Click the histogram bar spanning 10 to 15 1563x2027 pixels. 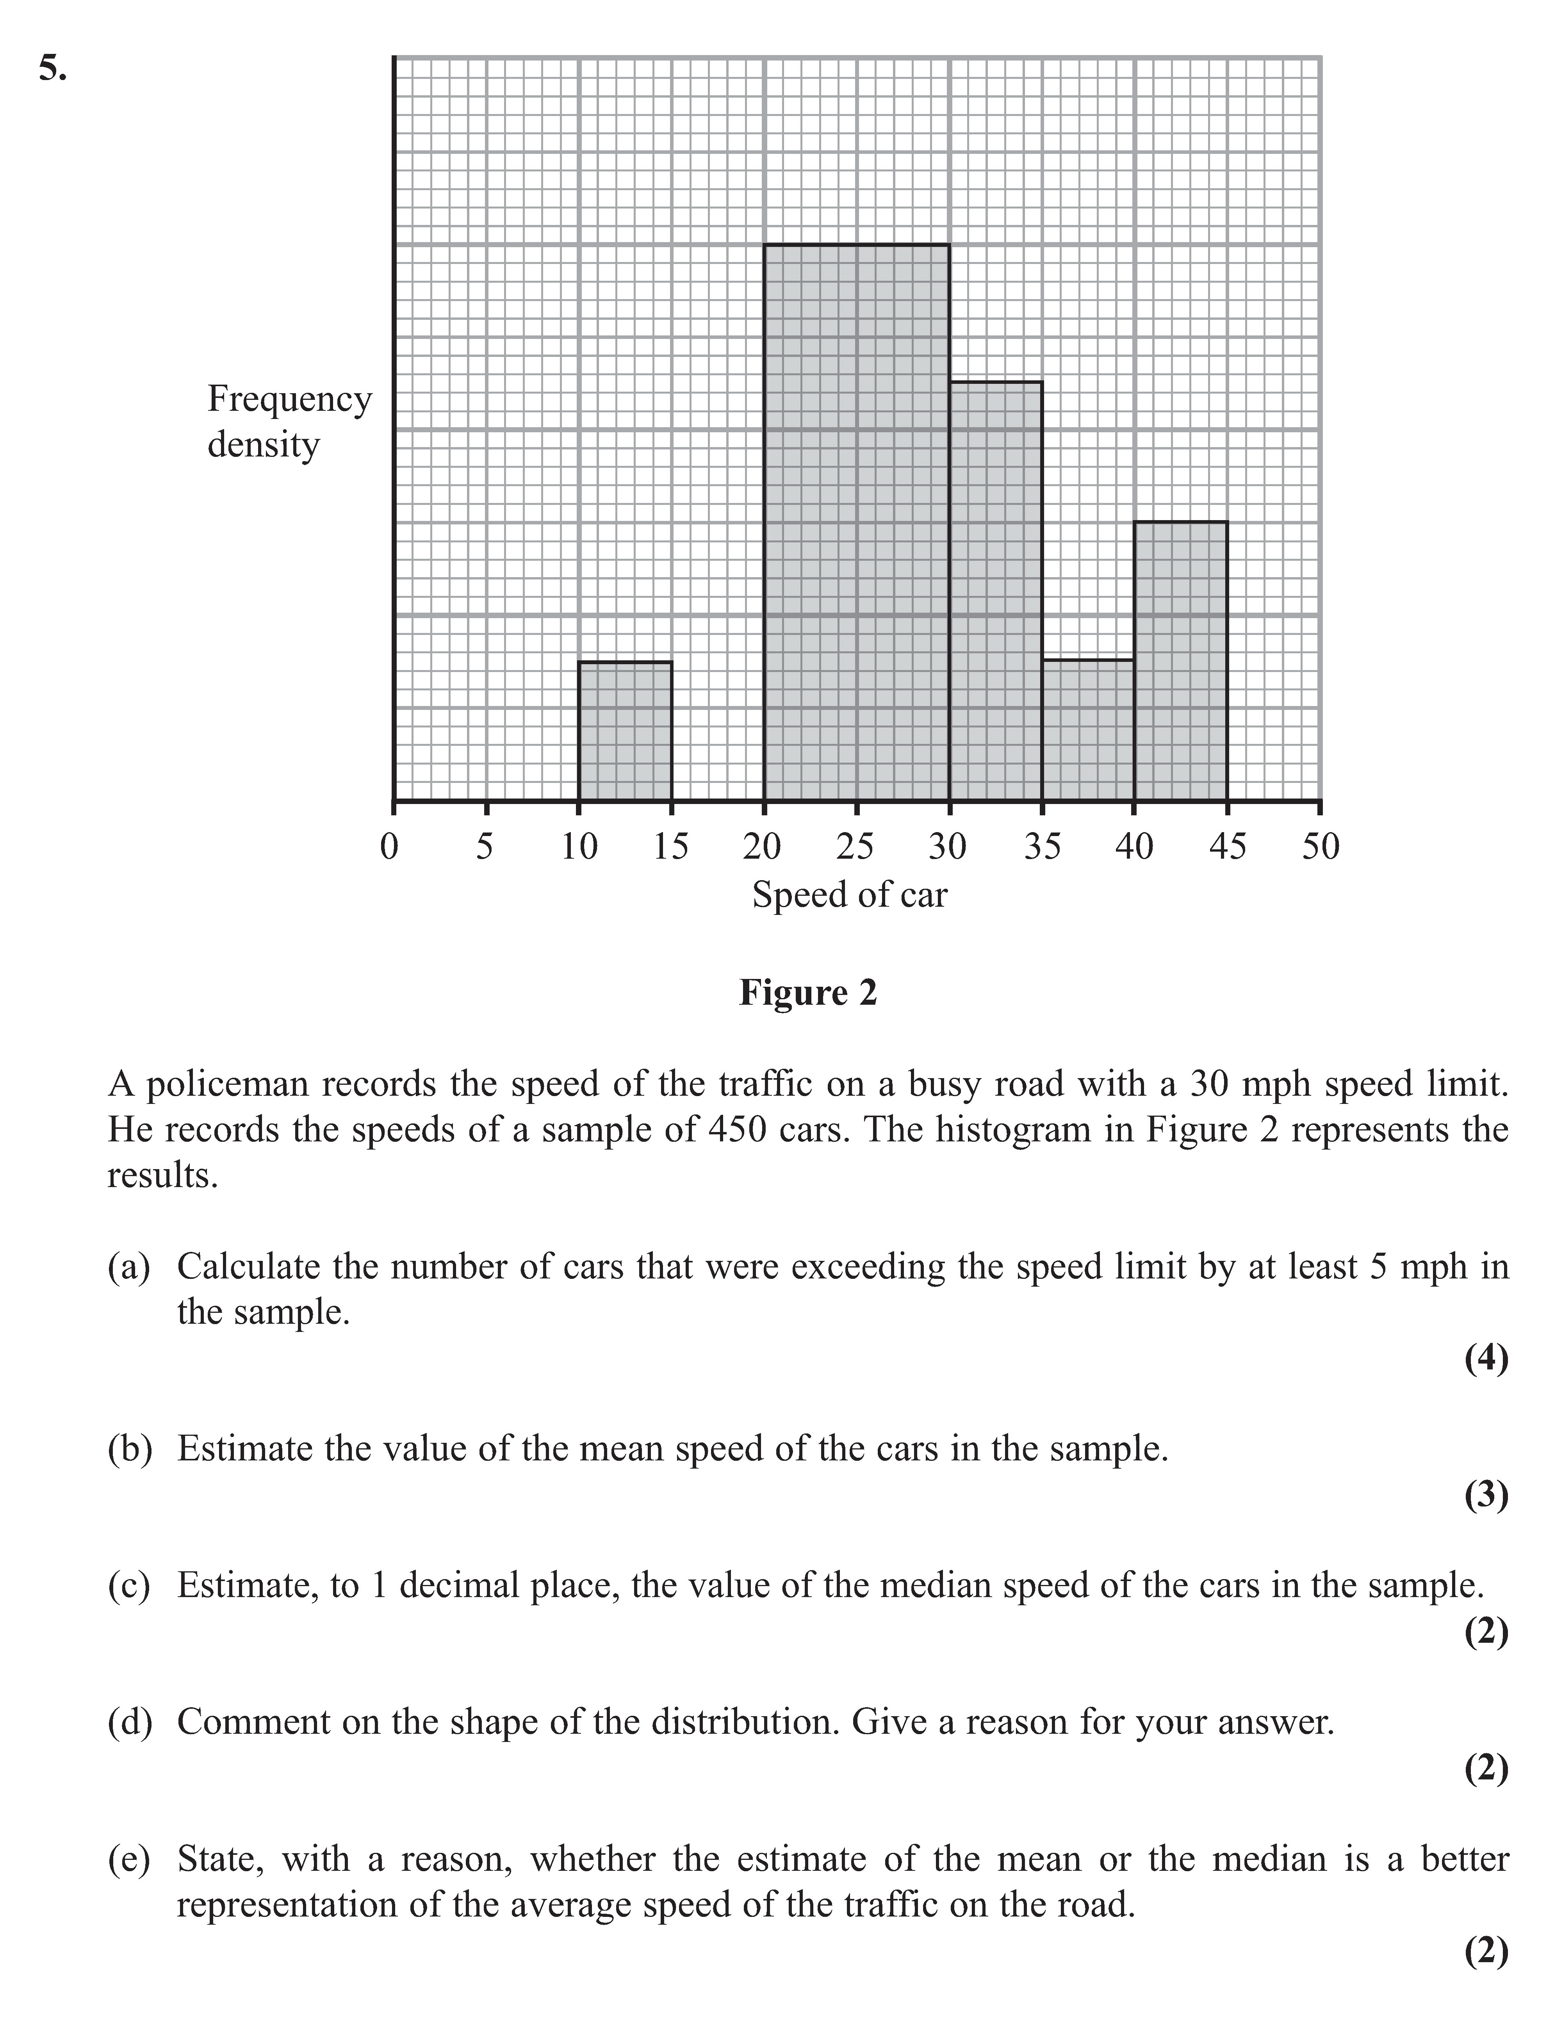click(625, 731)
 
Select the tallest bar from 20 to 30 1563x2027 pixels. click(856, 522)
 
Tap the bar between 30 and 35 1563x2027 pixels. click(995, 591)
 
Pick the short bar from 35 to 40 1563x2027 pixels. click(1088, 731)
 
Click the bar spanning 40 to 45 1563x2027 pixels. click(1181, 661)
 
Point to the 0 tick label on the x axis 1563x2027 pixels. click(390, 847)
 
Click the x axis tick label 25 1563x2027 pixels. click(855, 847)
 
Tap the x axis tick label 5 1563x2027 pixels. click(485, 847)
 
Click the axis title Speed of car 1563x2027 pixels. click(849, 895)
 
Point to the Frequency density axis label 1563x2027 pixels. click(289, 421)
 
